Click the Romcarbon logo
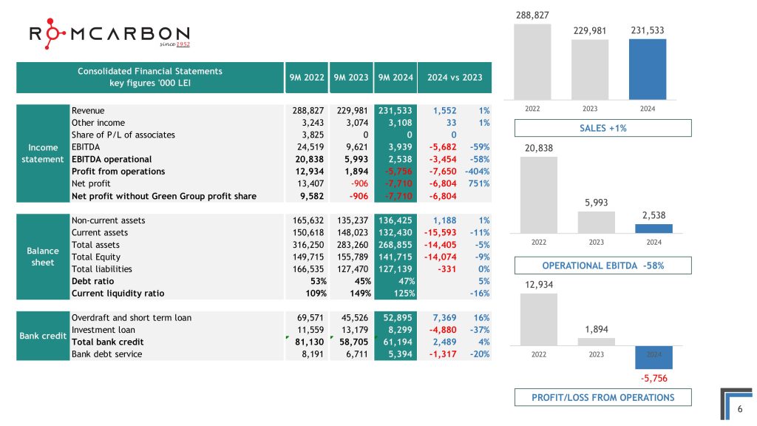coord(109,36)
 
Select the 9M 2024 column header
coord(394,77)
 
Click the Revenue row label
coord(88,111)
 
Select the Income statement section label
coord(42,153)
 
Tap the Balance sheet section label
coord(42,256)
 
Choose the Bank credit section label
coord(42,336)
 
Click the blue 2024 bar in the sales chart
coord(648,68)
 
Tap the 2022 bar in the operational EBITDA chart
coord(539,194)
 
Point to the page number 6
coord(740,409)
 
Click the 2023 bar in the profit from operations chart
coord(596,342)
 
